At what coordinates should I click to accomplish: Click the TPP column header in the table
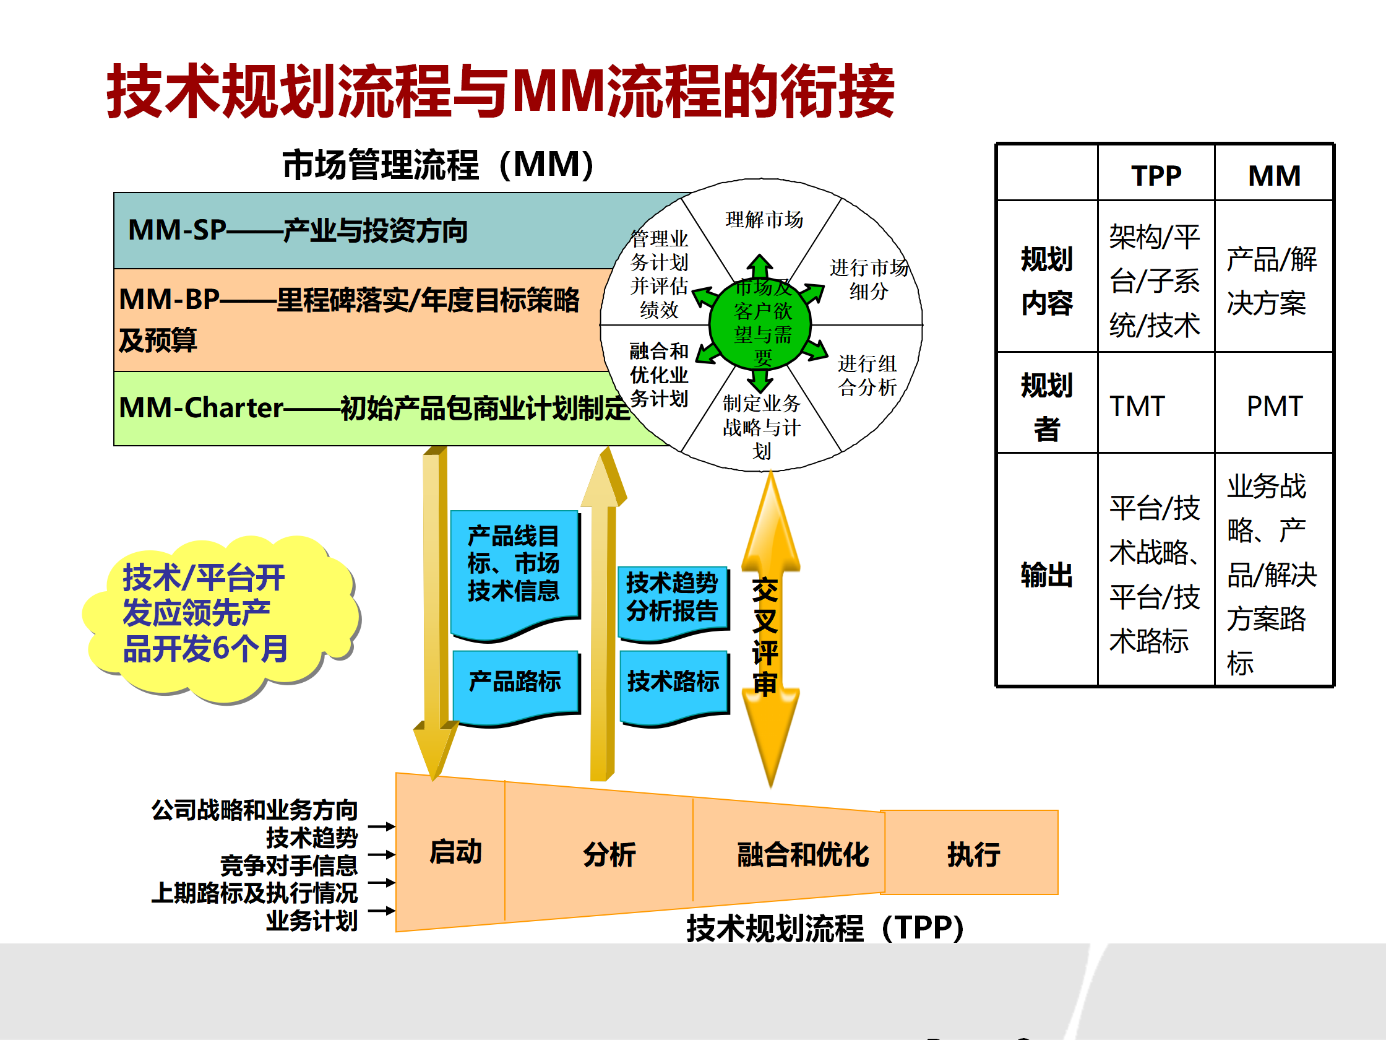(x=1155, y=175)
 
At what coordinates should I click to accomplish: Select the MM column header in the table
(x=1274, y=175)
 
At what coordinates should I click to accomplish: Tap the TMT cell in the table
(x=1137, y=405)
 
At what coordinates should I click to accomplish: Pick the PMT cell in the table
(x=1274, y=405)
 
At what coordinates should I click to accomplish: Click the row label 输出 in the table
(x=1046, y=574)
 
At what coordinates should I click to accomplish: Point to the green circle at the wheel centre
(x=760, y=323)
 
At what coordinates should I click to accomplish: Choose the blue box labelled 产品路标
(x=514, y=683)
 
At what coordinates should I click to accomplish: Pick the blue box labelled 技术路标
(x=673, y=683)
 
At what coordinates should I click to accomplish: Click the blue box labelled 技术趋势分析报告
(x=672, y=599)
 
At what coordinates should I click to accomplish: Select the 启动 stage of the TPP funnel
(x=454, y=852)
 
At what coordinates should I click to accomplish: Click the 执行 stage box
(x=973, y=853)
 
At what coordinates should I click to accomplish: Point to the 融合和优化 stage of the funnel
(x=802, y=854)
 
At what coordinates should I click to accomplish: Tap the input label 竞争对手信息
(x=288, y=865)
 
